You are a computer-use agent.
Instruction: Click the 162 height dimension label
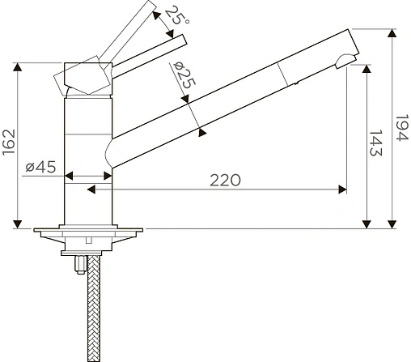8,142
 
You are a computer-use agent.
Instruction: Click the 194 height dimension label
402,128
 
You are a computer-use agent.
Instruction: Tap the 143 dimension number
375,143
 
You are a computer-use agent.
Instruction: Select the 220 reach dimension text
225,181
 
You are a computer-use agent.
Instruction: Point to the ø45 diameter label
40,167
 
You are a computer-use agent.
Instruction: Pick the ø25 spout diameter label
184,75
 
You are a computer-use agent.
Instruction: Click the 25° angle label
176,15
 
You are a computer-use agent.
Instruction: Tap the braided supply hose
94,308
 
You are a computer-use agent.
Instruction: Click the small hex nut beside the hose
80,265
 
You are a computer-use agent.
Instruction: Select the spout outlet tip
345,62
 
